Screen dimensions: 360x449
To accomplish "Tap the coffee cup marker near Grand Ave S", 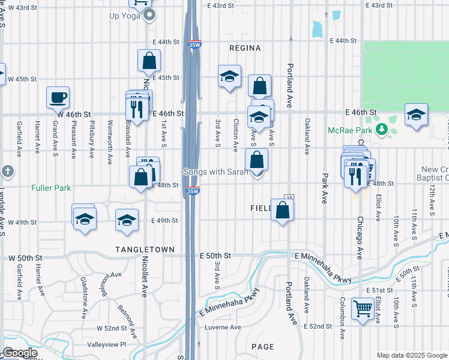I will click(x=58, y=97).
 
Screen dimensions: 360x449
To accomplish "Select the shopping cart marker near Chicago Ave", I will click(x=363, y=309).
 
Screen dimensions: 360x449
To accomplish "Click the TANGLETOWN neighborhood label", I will click(x=145, y=250).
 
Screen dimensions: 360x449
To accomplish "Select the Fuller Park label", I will click(x=52, y=188).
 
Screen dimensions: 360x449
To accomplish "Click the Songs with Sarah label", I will click(x=215, y=172).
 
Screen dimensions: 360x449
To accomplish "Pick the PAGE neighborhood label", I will click(x=263, y=347).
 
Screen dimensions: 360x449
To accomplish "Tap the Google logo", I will click(x=19, y=353).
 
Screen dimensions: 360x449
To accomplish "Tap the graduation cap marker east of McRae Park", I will click(x=416, y=114).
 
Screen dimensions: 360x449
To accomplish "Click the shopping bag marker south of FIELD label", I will click(x=282, y=210).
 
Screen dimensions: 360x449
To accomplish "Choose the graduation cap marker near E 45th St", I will click(x=229, y=76).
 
